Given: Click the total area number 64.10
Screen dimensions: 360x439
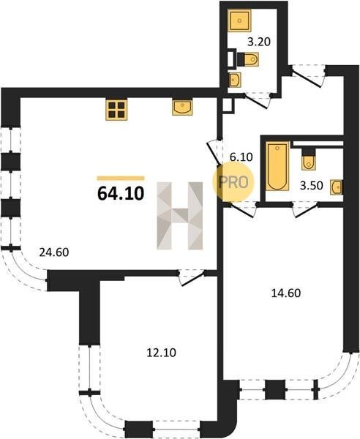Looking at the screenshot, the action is (x=121, y=193).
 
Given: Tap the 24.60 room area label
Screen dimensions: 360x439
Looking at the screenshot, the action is (x=54, y=252).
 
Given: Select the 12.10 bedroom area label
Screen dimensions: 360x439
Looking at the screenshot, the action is (x=161, y=353).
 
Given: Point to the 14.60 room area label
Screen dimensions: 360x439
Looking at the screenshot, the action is (x=286, y=293).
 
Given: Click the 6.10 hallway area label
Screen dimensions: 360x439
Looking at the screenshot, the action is (x=241, y=157).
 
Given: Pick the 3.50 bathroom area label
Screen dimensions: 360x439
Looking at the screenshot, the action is (x=312, y=186).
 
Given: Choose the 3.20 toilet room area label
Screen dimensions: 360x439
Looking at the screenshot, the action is (x=259, y=42).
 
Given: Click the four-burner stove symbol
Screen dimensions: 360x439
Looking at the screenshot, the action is (x=116, y=110).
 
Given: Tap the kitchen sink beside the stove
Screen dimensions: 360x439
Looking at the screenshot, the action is (x=182, y=108).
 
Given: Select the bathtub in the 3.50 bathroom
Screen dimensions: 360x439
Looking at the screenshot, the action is (x=277, y=166).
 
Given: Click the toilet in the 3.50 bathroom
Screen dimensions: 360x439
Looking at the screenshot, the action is (x=308, y=159).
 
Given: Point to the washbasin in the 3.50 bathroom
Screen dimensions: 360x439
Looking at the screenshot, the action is (x=337, y=187).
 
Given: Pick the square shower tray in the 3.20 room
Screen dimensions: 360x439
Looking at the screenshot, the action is (x=239, y=20).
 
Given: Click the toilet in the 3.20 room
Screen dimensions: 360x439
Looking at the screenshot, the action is (x=248, y=59).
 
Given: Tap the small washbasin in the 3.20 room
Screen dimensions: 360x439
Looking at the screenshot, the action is (x=235, y=80).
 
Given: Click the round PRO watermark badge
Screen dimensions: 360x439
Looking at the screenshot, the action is (x=233, y=182).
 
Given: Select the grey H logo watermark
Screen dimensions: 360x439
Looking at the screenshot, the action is (x=180, y=216).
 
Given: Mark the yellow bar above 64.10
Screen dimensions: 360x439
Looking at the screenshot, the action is (x=121, y=179).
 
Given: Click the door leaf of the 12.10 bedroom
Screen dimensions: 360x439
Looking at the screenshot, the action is (x=192, y=279).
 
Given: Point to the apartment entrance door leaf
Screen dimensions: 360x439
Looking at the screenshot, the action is (x=307, y=80).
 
